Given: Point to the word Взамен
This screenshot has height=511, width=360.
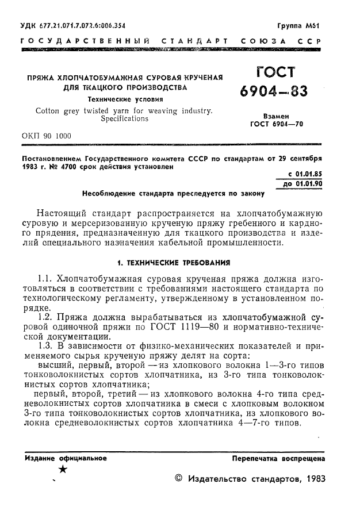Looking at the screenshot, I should tap(276, 115).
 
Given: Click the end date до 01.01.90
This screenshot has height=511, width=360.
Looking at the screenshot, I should tap(303, 184).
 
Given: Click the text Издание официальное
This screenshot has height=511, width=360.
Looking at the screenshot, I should tap(66, 458).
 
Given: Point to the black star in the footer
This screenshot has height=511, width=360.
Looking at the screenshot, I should tap(63, 470).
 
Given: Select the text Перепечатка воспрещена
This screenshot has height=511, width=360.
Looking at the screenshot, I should tap(278, 459).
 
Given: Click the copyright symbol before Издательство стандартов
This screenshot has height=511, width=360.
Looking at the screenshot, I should tap(178, 479).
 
